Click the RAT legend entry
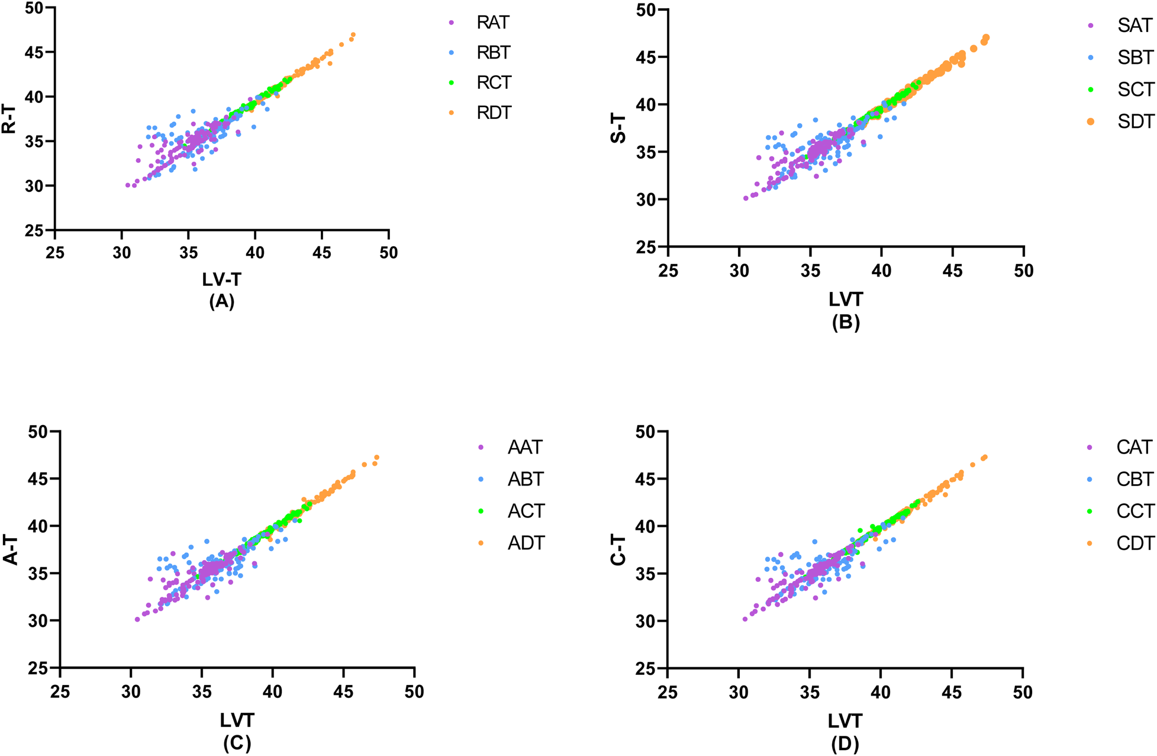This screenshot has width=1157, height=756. click(492, 22)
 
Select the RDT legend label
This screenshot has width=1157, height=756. click(494, 112)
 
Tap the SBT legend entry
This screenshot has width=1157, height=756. click(1135, 57)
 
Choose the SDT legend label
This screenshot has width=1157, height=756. click(1135, 121)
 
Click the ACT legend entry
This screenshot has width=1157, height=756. click(526, 511)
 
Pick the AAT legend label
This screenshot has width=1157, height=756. click(524, 447)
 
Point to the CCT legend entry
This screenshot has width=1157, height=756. click(1135, 511)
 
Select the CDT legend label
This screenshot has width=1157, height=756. click(1135, 543)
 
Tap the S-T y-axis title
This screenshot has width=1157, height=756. click(618, 128)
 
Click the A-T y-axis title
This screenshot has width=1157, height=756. click(11, 549)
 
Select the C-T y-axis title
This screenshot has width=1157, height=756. click(618, 549)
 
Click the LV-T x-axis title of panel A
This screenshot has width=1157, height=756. click(222, 279)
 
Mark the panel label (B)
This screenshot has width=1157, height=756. click(846, 322)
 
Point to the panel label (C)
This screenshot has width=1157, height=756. click(237, 743)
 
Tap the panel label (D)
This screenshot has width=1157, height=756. click(845, 743)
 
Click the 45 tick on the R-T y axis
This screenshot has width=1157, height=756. click(34, 52)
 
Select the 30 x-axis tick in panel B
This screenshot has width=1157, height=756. click(739, 271)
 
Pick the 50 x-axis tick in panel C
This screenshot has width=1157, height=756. click(414, 691)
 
